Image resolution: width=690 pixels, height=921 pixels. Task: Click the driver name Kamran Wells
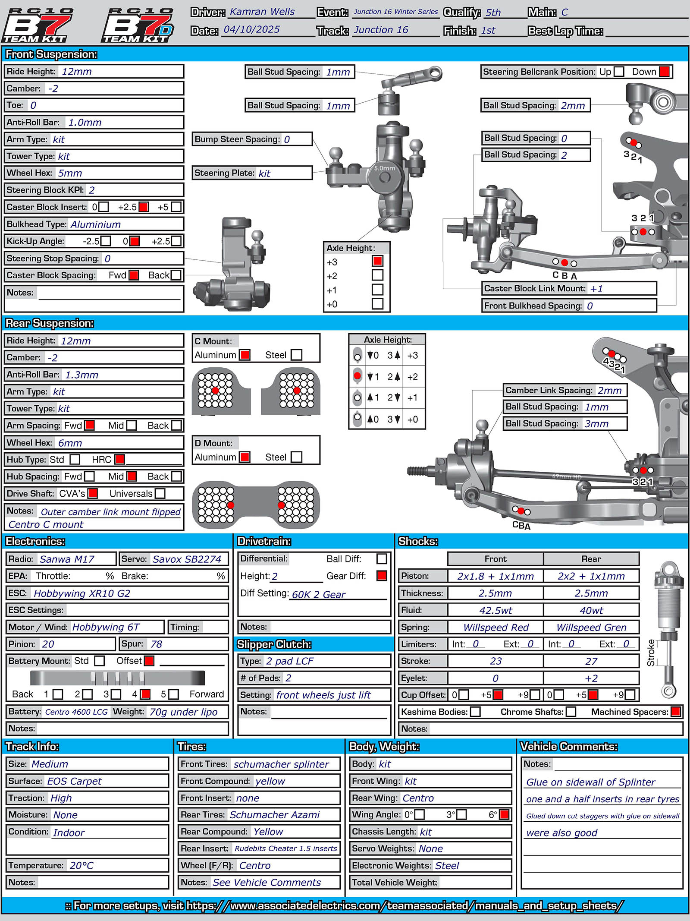(x=262, y=12)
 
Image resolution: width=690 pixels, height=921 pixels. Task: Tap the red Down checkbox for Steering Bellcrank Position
(x=665, y=72)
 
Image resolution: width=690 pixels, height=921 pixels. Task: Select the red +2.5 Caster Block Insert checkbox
(x=144, y=207)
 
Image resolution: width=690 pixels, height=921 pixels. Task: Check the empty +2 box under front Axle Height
(x=377, y=275)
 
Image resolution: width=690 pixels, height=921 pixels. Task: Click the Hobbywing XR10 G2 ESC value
(x=82, y=593)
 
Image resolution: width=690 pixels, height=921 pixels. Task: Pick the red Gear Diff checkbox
(x=382, y=576)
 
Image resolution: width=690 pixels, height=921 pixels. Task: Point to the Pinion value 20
(x=48, y=644)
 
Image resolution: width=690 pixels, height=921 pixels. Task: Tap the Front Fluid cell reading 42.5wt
(x=495, y=610)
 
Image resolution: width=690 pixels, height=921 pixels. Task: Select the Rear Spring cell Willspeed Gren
(x=591, y=628)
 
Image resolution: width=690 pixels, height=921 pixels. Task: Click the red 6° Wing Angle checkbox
(x=504, y=814)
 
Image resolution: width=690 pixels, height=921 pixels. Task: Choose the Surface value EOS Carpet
(x=74, y=781)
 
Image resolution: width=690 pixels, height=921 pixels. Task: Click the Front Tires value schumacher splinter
(x=281, y=764)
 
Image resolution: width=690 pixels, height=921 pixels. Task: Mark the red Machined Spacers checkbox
(x=676, y=712)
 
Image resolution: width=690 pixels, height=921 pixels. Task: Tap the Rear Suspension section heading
(x=50, y=323)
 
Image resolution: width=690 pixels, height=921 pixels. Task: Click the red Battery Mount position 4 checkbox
(x=145, y=694)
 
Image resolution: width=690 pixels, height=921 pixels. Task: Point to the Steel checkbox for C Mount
(x=296, y=355)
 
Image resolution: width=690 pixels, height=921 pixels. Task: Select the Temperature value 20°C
(x=82, y=865)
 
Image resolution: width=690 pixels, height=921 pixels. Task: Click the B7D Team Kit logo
(x=138, y=25)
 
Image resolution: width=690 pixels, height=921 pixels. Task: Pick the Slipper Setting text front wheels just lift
(x=323, y=695)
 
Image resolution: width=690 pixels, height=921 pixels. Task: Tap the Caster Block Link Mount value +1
(x=596, y=289)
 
